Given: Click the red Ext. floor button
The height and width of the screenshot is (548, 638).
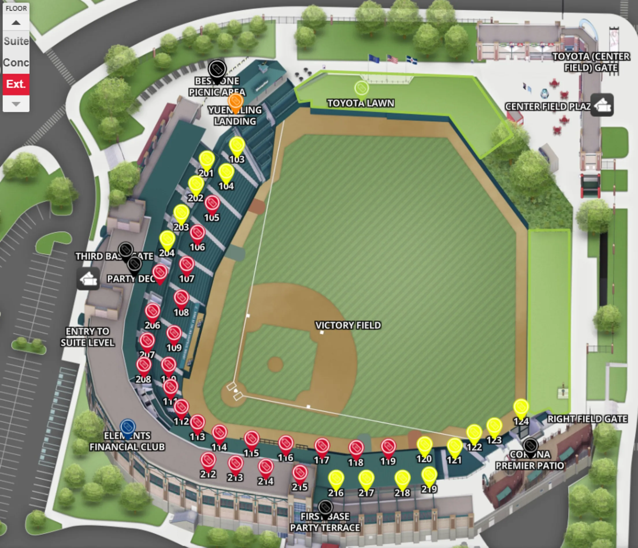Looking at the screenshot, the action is point(16,84).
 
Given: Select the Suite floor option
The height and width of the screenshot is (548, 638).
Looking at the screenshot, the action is point(16,41).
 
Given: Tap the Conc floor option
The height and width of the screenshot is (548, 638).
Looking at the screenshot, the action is point(16,62).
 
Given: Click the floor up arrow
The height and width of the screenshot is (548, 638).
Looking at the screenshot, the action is point(16,23).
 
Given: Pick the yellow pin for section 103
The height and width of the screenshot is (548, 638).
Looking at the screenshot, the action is point(237,145).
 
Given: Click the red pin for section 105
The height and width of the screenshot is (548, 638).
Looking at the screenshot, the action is point(212,204).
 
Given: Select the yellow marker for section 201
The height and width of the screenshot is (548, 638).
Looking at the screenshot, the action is point(206,160).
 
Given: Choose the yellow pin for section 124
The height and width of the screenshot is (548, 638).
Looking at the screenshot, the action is point(521,407).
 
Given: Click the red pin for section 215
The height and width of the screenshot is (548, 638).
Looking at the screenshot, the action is point(300,473).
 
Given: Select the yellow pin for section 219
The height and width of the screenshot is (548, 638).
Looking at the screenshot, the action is point(429,475).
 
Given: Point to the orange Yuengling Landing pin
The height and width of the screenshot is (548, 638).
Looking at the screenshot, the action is point(235,102).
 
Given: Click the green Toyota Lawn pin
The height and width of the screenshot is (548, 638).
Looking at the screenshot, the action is point(361,89).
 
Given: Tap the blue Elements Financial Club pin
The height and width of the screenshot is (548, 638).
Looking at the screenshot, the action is point(127,427).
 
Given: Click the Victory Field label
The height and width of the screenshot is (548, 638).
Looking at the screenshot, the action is point(348,325).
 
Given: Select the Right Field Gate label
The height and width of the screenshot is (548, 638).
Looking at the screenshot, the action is point(587,419).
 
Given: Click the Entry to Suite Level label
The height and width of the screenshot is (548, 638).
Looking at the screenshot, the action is point(88,337).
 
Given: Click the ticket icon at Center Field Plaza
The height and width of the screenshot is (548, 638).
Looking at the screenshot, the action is point(602,106).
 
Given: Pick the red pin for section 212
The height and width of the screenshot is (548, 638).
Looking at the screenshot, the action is point(208,461).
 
